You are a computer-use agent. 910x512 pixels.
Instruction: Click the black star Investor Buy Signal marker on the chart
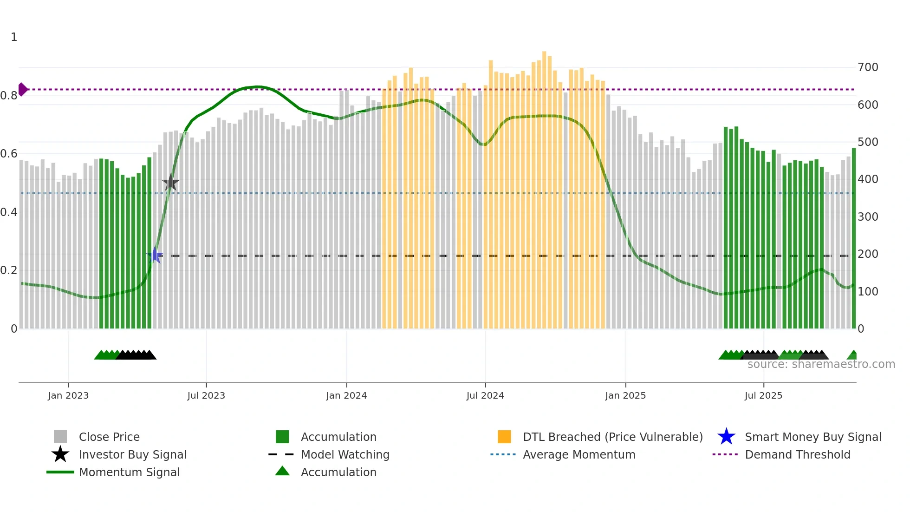[x=170, y=183]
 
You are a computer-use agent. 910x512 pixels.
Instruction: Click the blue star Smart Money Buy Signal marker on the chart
[x=155, y=255]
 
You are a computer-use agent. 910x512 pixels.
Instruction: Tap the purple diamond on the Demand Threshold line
[x=22, y=89]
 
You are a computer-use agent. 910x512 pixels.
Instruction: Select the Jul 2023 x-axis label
[x=206, y=395]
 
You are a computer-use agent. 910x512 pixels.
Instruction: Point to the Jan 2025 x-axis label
[x=625, y=395]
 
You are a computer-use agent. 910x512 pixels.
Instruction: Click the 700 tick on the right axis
[x=868, y=67]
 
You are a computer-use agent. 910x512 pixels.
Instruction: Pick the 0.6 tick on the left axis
[x=9, y=154]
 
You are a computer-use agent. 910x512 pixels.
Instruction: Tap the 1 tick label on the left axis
[x=14, y=37]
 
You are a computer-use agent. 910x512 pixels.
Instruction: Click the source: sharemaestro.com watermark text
[x=821, y=364]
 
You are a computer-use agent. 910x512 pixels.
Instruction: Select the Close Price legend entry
[x=109, y=437]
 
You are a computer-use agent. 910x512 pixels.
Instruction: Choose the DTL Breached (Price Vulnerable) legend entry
[x=612, y=437]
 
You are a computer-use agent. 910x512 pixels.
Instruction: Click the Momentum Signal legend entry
[x=129, y=472]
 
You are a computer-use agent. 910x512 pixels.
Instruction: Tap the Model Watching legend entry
[x=345, y=454]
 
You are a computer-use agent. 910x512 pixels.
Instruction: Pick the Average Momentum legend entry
[x=579, y=454]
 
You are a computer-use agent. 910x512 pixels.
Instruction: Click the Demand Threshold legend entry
[x=797, y=454]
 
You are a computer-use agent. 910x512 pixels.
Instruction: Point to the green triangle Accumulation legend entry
[x=338, y=472]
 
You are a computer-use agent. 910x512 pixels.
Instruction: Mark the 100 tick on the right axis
[x=868, y=292]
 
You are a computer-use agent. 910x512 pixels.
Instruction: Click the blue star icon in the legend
[x=726, y=437]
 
